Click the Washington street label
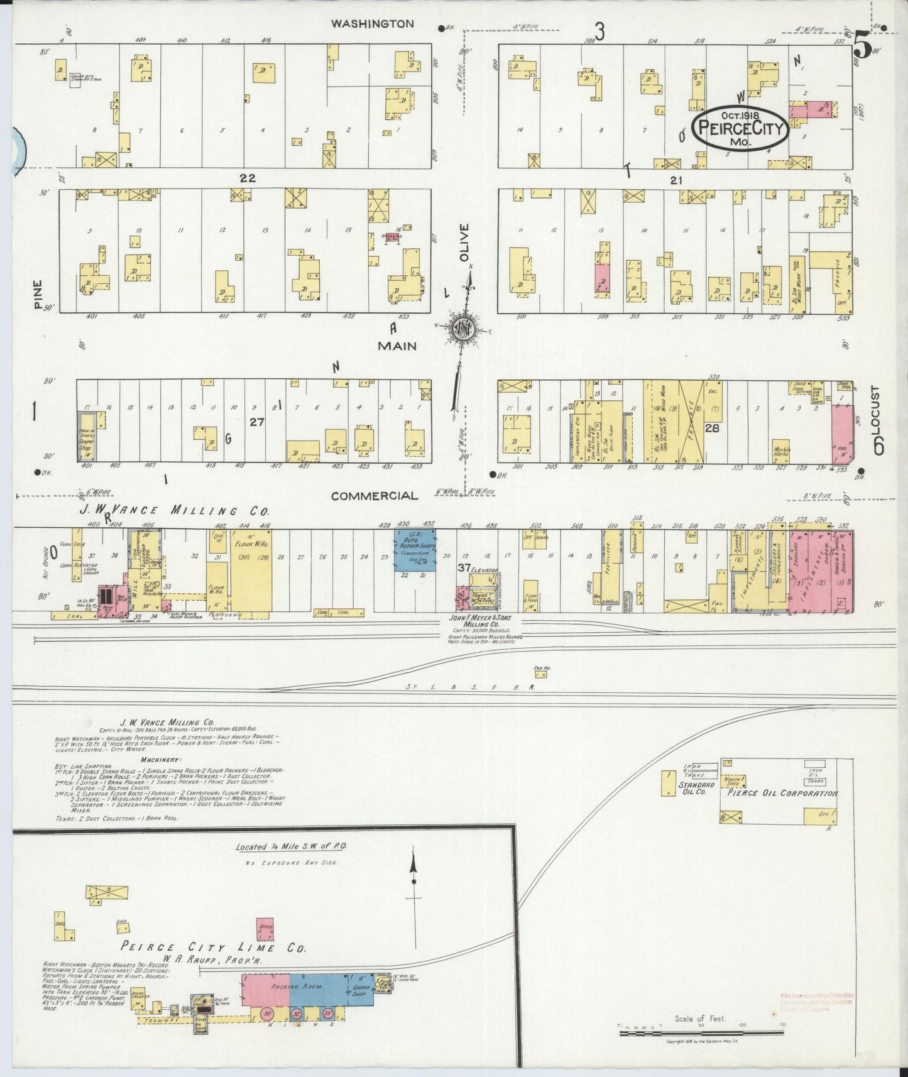coord(372,24)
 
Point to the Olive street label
coord(464,242)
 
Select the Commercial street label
coord(374,496)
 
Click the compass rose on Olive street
coord(464,329)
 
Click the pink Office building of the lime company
coord(265,929)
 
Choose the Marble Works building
coord(781,449)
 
